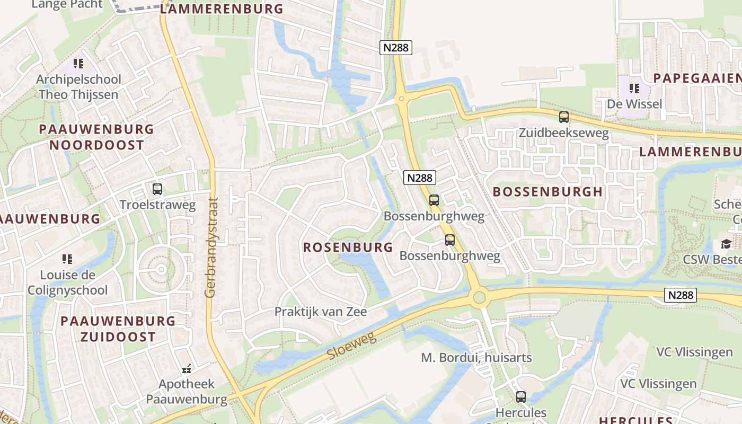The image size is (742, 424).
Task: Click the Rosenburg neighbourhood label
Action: [348, 247]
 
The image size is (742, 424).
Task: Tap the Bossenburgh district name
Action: [548, 192]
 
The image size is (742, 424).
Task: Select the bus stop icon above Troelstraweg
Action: [157, 189]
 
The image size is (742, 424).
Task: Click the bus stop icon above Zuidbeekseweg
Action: [564, 117]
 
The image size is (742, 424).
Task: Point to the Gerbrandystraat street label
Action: [212, 247]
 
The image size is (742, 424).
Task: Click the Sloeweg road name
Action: [351, 346]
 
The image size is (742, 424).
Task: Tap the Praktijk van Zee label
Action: [320, 312]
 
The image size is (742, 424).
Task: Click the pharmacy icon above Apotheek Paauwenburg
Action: [187, 368]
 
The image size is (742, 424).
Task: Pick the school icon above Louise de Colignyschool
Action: [67, 259]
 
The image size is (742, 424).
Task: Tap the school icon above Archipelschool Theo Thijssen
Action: [79, 64]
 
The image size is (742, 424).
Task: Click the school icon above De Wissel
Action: [634, 89]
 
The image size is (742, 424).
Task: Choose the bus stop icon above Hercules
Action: [521, 396]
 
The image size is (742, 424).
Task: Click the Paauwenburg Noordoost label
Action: [96, 137]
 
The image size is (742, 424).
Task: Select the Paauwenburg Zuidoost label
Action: [118, 329]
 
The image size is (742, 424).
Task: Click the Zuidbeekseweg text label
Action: [564, 132]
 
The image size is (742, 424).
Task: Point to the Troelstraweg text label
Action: [157, 205]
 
